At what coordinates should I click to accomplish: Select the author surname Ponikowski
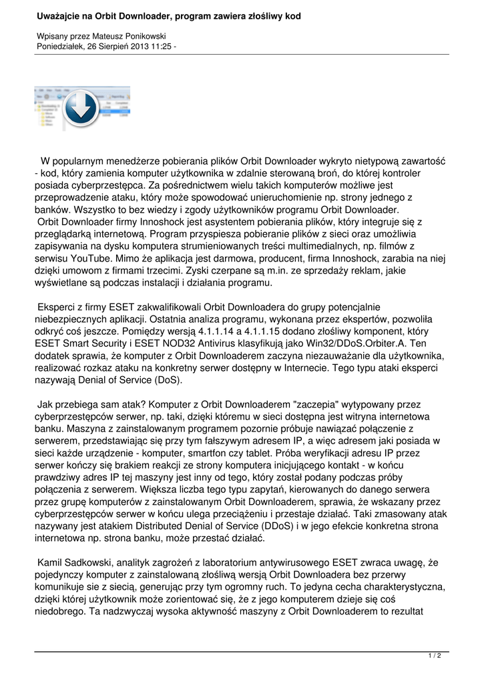(140, 35)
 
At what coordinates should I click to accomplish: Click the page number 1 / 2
(435, 656)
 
